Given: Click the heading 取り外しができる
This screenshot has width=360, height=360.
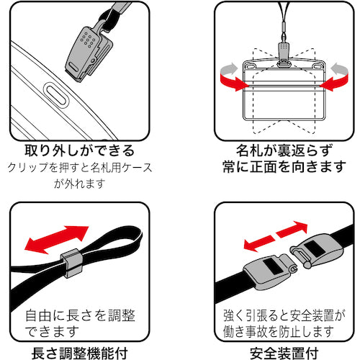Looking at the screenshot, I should [78, 152].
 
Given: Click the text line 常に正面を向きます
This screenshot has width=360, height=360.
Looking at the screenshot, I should [279, 170].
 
